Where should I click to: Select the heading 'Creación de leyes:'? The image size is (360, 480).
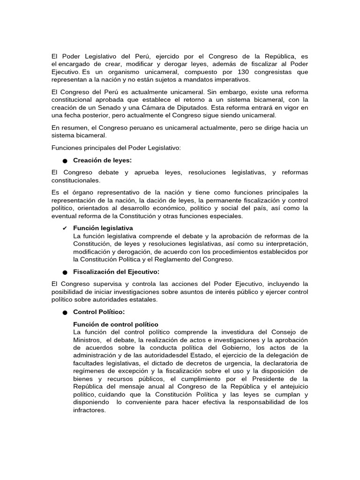pos(103,160)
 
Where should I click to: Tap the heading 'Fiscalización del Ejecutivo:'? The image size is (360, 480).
pos(116,271)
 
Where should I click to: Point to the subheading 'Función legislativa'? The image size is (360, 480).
pos(103,228)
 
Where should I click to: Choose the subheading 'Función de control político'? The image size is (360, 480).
pos(116,324)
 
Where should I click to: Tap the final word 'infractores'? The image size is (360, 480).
pos(90,409)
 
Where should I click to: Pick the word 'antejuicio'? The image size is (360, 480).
pos(292,387)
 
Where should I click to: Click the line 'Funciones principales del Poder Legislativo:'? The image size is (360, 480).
pos(116,148)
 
